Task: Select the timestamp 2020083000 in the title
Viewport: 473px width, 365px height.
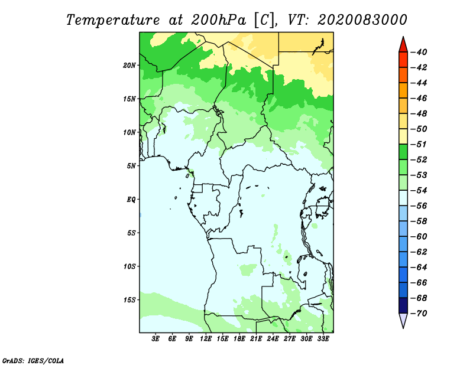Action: point(362,19)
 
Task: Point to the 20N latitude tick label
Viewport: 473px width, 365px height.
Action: point(130,65)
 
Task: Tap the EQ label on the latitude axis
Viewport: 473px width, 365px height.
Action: point(131,199)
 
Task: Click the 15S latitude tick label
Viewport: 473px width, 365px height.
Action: point(130,299)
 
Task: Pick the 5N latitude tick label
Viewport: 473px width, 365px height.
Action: point(131,165)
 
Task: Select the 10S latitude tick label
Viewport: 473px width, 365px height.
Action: point(130,266)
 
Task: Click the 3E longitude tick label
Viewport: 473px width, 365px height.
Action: point(156,338)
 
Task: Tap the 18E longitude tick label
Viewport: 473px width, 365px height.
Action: point(239,338)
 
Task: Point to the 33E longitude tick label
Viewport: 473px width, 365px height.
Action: point(323,338)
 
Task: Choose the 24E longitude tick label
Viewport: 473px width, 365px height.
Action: point(273,338)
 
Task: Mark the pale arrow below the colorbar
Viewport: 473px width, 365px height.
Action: point(403,320)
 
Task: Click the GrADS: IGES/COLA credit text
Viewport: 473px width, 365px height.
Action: point(33,360)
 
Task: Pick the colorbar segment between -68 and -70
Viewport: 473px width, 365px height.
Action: point(403,305)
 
